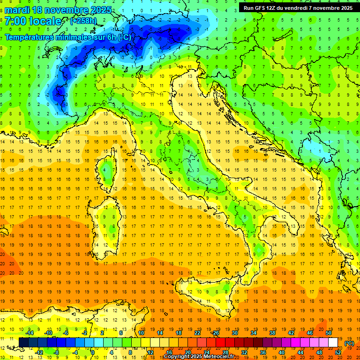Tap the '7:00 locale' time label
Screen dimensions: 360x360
[x=33, y=21]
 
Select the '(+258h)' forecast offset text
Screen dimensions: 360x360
[x=83, y=21]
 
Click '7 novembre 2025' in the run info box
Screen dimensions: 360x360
[x=331, y=7]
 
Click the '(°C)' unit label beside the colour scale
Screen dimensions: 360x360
[x=349, y=343]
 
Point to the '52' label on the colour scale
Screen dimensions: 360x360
[x=338, y=352]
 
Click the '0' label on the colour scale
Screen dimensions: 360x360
[x=92, y=352]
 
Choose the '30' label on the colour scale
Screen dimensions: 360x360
[x=235, y=333]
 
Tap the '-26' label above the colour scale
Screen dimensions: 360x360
[x=215, y=333]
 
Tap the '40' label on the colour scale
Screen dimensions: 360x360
[x=282, y=352]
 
